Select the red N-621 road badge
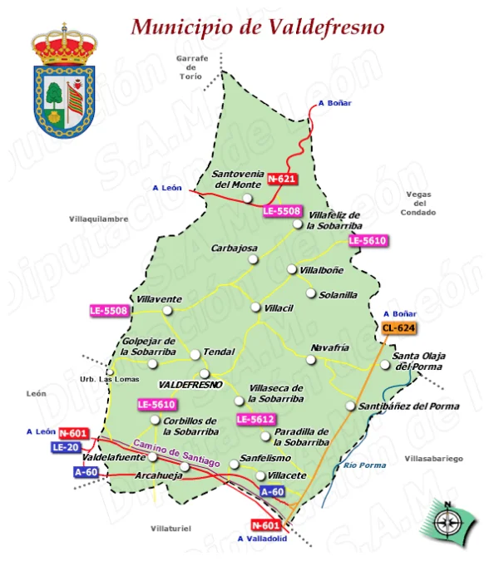tap(281, 179)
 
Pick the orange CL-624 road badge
tap(398, 327)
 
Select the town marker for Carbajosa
tap(254, 259)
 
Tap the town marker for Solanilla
tap(311, 293)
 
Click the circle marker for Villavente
tap(167, 310)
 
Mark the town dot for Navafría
tap(310, 360)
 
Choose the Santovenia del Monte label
tap(236, 179)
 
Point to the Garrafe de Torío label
tap(191, 67)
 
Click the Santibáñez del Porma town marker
tap(350, 406)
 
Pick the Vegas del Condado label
tap(419, 203)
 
